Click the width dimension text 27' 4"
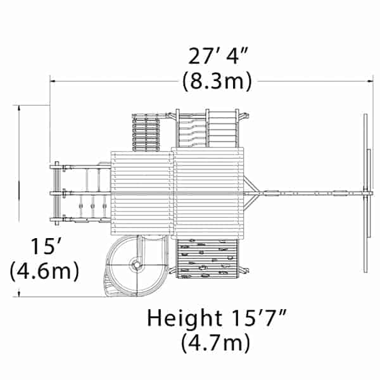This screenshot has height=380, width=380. point(218,56)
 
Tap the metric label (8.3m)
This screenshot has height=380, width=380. point(217,81)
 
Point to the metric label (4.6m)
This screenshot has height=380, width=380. point(44,271)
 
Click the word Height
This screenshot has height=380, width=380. point(184,319)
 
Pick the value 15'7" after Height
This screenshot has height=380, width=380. point(259,317)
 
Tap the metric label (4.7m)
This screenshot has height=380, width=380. point(215,343)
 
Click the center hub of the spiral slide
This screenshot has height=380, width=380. point(137,265)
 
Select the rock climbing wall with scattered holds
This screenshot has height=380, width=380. point(207,258)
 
